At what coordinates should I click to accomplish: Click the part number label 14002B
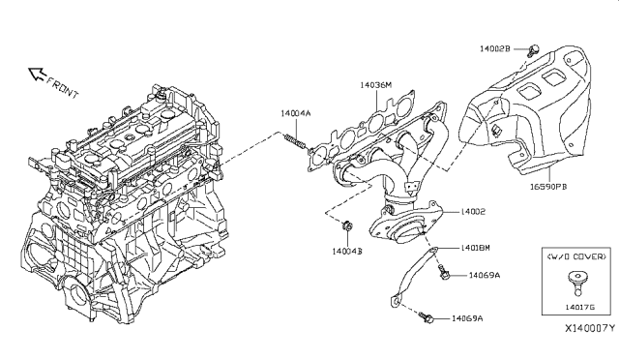tap(494, 48)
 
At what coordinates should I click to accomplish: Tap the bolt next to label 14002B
tap(533, 50)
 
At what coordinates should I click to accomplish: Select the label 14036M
tap(376, 85)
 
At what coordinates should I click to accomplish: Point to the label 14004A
tap(296, 113)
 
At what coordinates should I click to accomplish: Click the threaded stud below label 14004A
tap(294, 141)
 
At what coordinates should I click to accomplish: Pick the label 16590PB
tap(548, 186)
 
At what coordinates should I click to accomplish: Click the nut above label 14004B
tap(347, 226)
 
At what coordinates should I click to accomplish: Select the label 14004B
tap(347, 251)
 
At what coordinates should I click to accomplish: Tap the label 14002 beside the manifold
tap(473, 211)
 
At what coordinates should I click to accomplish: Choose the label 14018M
tap(475, 248)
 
